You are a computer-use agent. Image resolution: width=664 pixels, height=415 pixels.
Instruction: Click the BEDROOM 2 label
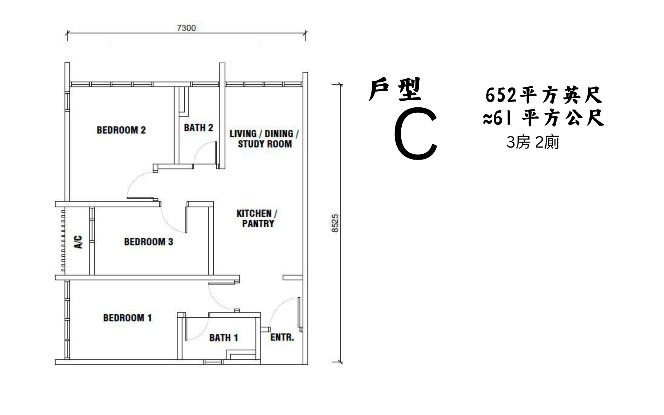pyautogui.click(x=121, y=130)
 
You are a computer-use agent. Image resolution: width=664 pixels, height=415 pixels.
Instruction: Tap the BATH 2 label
pyautogui.click(x=199, y=128)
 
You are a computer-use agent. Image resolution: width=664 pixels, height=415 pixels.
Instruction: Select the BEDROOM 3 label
pyautogui.click(x=149, y=242)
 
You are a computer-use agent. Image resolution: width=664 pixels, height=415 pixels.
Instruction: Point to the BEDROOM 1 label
pyautogui.click(x=127, y=318)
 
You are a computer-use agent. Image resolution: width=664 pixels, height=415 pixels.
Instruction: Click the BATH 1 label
pyautogui.click(x=224, y=338)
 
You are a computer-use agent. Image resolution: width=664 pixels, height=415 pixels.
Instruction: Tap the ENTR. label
pyautogui.click(x=282, y=337)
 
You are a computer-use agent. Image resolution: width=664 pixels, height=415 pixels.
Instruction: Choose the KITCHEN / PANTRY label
pyautogui.click(x=257, y=218)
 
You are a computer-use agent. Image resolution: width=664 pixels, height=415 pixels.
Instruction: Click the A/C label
pyautogui.click(x=78, y=242)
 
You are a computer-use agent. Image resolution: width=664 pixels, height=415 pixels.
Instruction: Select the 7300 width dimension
pyautogui.click(x=186, y=28)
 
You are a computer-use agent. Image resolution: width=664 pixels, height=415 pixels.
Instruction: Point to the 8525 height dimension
pyautogui.click(x=335, y=223)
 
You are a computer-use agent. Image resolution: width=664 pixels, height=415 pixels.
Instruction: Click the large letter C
pyautogui.click(x=416, y=133)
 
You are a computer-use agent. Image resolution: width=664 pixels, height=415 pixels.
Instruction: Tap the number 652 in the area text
pyautogui.click(x=500, y=95)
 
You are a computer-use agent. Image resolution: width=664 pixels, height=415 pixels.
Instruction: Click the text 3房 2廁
pyautogui.click(x=533, y=142)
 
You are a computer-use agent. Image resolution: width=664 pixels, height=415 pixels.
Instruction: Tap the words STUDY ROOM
pyautogui.click(x=265, y=144)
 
